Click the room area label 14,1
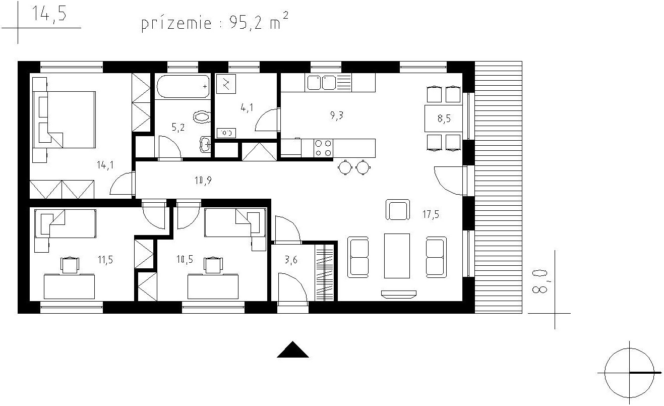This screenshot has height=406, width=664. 105,164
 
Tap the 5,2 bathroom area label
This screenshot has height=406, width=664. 178,127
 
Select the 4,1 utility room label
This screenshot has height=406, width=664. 247,107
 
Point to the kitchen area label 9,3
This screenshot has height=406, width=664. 337,115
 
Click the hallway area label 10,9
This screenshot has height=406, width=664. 203,181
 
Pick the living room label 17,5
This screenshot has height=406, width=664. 431,214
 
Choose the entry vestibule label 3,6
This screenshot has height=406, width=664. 291,260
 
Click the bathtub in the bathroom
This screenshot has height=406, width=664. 183,86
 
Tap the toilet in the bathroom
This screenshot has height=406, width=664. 202,117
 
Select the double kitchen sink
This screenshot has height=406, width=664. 322,82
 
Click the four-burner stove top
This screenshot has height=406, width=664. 323,148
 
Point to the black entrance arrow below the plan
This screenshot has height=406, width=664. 293,350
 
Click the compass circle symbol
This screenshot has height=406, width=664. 629,373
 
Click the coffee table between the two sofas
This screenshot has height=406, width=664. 397,256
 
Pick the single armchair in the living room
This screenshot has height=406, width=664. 398,210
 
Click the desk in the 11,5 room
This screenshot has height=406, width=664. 70,286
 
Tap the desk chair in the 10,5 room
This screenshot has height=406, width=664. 213,265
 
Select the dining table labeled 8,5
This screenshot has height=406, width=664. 444,119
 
